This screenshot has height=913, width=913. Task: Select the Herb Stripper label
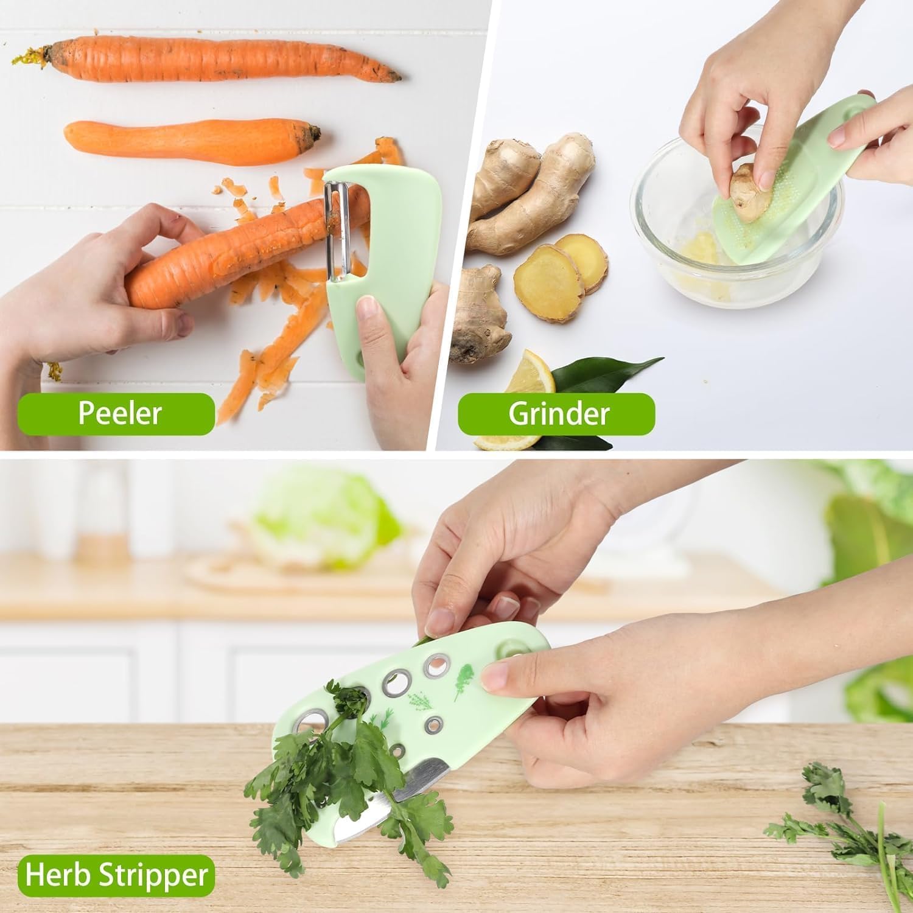point(116,875)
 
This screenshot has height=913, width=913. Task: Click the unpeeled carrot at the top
point(207,60)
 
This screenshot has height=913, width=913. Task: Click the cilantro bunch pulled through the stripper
point(341,779)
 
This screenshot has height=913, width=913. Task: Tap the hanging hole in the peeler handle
point(360,358)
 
